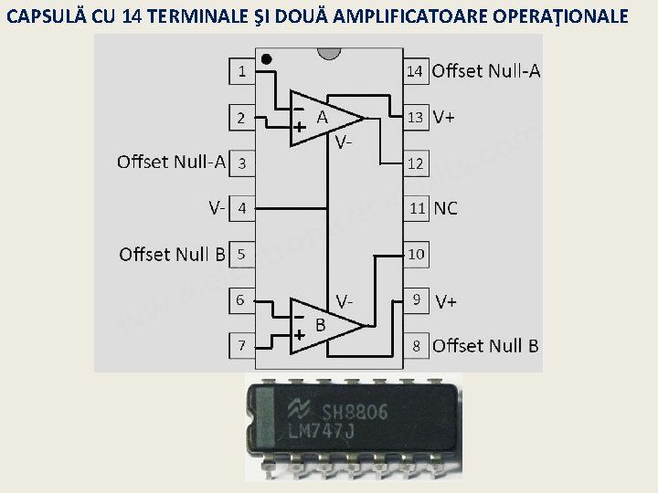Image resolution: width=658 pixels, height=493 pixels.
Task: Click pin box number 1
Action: [241, 70]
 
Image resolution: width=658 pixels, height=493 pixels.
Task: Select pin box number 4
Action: [241, 208]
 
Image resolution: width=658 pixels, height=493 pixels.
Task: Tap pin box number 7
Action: [241, 345]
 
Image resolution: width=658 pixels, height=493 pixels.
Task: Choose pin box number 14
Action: [415, 70]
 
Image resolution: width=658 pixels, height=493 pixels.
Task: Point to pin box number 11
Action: [417, 208]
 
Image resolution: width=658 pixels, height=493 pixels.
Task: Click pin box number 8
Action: [417, 345]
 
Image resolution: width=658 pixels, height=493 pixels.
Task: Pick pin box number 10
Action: [416, 254]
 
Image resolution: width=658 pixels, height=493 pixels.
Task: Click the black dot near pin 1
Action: [266, 59]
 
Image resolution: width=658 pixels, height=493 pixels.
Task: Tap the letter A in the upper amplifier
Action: [322, 117]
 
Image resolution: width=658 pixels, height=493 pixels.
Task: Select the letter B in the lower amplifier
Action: [321, 324]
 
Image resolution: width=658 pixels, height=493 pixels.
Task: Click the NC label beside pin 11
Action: [446, 208]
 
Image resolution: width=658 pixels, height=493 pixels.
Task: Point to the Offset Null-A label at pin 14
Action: [485, 70]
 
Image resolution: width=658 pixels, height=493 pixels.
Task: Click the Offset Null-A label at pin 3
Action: [171, 163]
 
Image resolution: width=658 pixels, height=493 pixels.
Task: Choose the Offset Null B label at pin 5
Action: [172, 254]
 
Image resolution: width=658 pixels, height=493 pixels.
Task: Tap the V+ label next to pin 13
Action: [445, 117]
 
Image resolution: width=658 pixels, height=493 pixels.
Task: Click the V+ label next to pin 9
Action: [447, 300]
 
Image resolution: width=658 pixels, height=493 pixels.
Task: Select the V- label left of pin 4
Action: [217, 208]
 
